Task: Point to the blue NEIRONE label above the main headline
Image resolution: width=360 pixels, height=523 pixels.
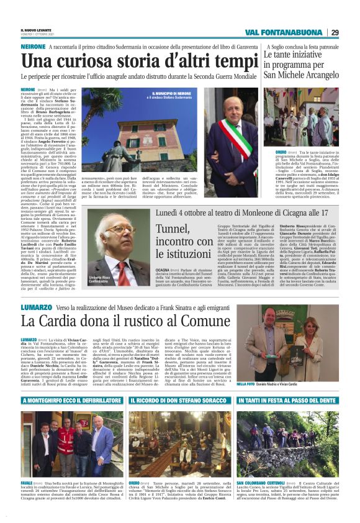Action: [34, 47]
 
